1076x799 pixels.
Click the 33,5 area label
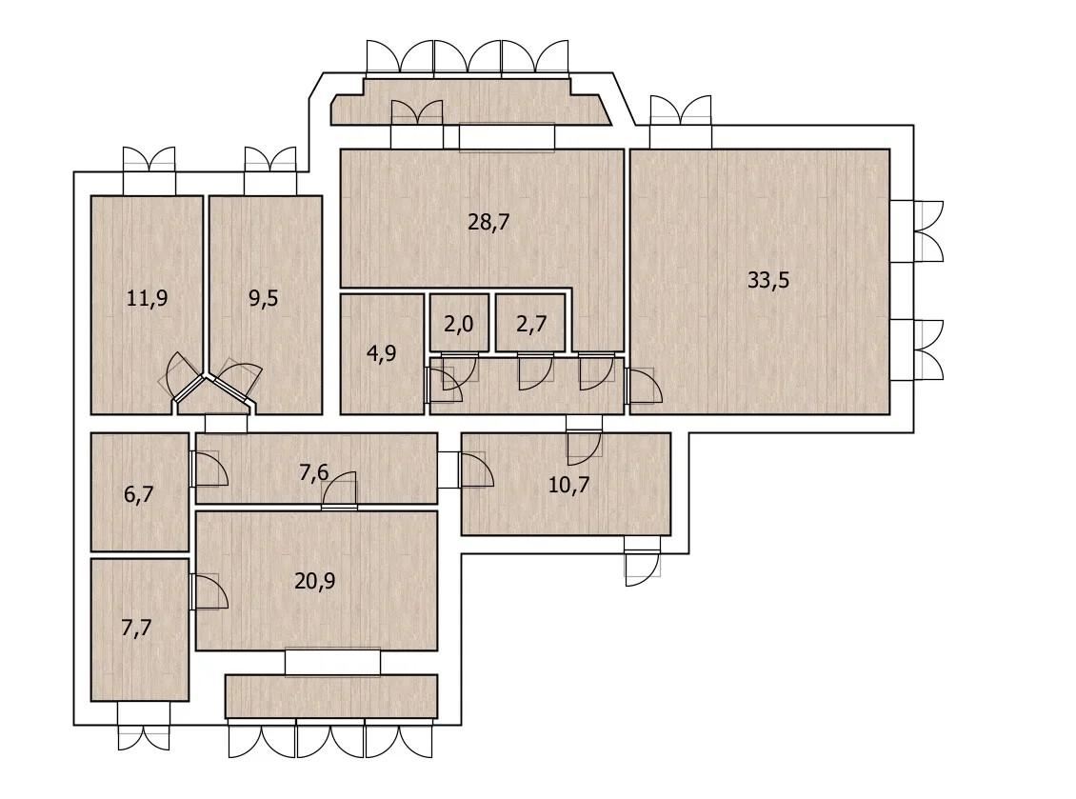[x=768, y=281]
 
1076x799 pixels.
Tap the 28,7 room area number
[x=488, y=223]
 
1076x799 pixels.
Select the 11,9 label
[x=148, y=299]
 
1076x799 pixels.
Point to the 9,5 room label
[x=264, y=299]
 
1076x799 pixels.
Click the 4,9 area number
[x=382, y=353]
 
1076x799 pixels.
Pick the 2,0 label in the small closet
[x=458, y=323]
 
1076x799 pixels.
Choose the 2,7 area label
[x=531, y=323]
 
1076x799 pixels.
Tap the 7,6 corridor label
[x=313, y=473]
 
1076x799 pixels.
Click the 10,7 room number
[x=568, y=486]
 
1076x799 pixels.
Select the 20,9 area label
[x=315, y=582]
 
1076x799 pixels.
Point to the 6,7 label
[x=139, y=494]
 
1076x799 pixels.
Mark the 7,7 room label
[x=136, y=629]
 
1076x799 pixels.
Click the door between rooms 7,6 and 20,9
[x=340, y=491]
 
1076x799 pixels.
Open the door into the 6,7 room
[x=208, y=469]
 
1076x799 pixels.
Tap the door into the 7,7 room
[x=208, y=591]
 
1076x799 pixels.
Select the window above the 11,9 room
[x=149, y=170]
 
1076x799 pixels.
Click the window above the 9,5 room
[x=270, y=170]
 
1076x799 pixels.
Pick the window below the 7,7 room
[x=144, y=726]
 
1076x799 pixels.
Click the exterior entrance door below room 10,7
[x=643, y=562]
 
